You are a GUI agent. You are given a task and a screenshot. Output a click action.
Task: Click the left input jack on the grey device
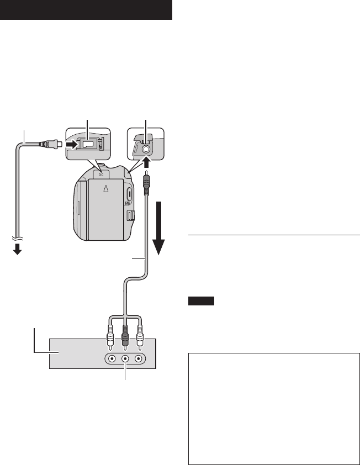coord(112,358)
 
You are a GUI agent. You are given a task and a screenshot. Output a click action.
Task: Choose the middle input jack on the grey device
coord(125,358)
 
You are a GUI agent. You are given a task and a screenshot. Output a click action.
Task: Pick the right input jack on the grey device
coord(139,358)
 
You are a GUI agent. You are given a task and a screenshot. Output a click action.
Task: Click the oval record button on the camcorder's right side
coord(129,194)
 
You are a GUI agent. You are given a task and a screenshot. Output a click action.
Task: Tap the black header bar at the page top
coord(86,10)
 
